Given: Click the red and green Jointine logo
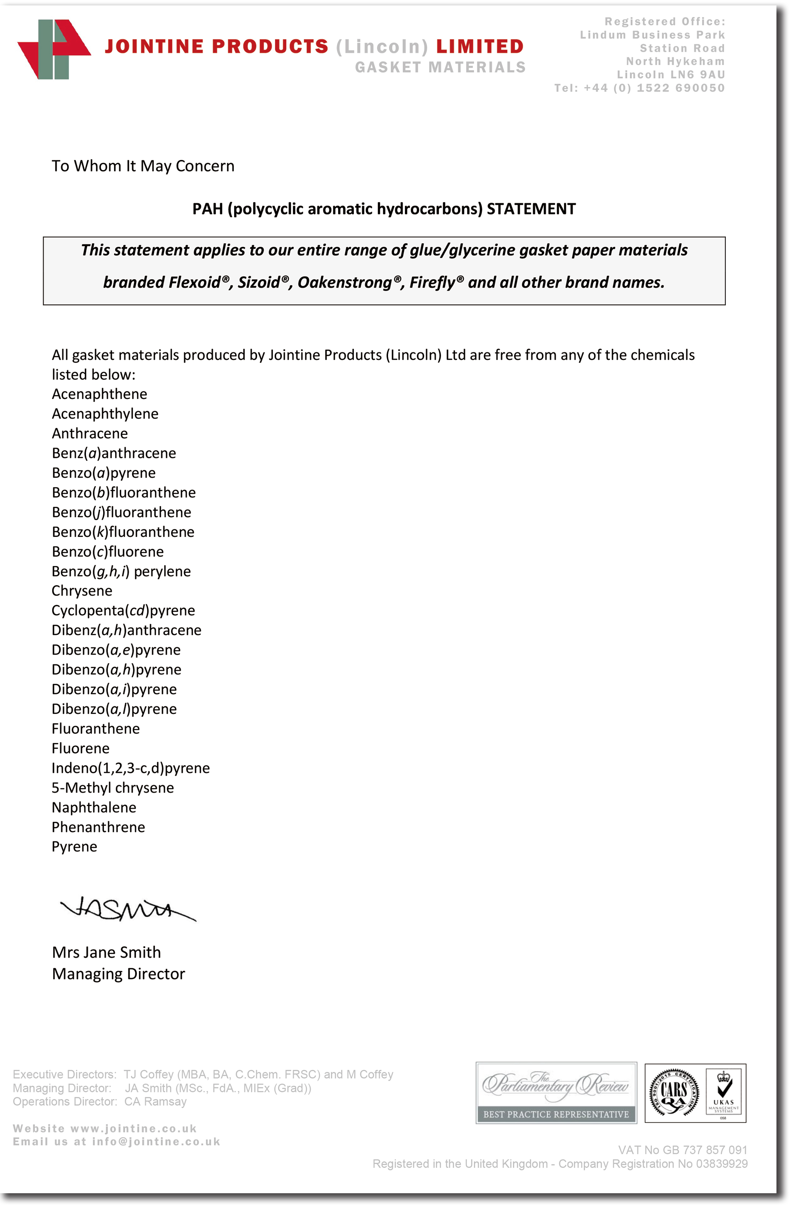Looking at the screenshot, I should [x=54, y=50].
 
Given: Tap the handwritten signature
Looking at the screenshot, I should [x=128, y=910].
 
